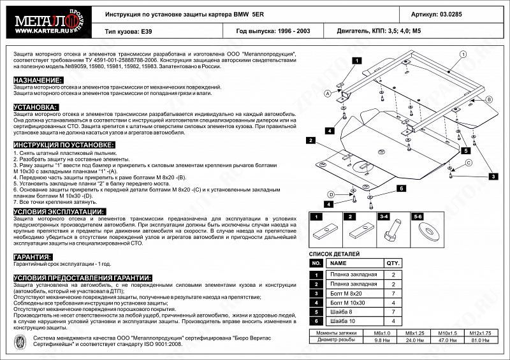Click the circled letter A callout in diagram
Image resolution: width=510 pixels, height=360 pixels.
pos(328,93)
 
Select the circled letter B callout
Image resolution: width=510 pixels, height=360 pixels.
pos(489,100)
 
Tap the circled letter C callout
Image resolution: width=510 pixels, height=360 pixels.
pos(467,164)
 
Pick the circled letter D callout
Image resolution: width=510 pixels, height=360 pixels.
pos(331,194)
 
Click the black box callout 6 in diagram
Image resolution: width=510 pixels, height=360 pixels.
pos(401,188)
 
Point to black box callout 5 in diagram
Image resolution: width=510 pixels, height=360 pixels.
pos(466,151)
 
